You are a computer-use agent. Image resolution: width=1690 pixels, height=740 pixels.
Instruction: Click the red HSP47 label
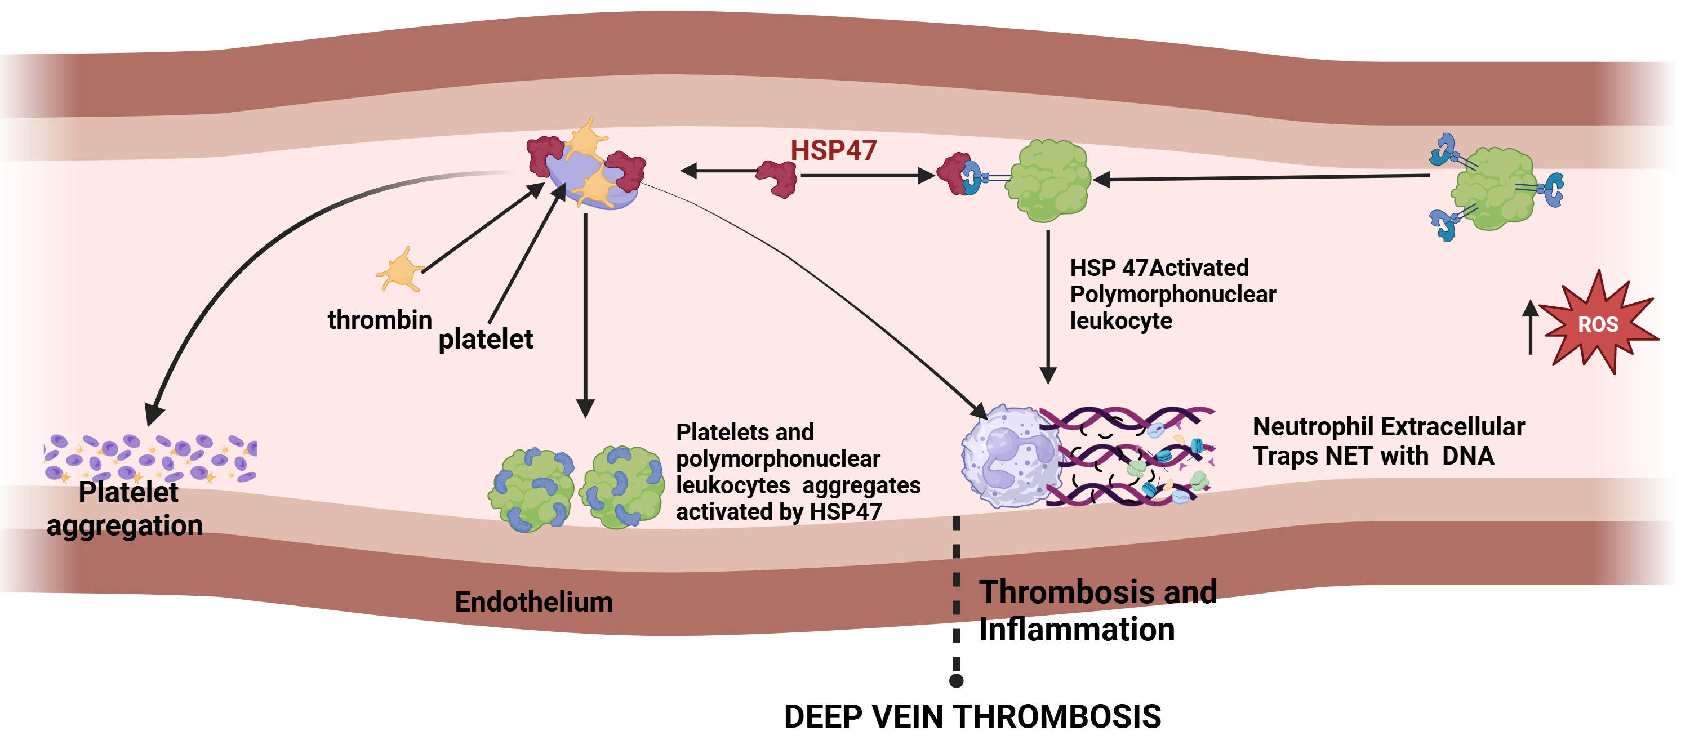(833, 150)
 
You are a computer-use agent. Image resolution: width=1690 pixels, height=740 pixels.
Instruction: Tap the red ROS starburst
(1598, 323)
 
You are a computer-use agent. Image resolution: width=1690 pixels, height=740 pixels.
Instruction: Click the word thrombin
(379, 320)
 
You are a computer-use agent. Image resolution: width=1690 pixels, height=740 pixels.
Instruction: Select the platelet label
(486, 339)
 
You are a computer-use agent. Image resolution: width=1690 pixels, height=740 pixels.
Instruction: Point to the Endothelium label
(533, 601)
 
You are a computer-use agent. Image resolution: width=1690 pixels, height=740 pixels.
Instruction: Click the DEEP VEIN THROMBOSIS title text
(972, 716)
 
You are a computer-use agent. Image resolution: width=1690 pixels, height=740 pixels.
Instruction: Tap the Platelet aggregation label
(125, 509)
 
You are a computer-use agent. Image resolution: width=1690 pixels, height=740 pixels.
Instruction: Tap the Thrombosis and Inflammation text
(1096, 610)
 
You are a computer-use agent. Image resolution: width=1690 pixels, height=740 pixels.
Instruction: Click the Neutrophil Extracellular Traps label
(1387, 441)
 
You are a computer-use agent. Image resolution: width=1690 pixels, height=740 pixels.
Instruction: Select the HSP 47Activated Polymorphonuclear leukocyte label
(1172, 294)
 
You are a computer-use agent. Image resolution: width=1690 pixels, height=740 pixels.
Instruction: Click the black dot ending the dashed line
(957, 681)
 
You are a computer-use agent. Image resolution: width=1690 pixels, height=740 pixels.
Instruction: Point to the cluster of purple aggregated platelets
(150, 457)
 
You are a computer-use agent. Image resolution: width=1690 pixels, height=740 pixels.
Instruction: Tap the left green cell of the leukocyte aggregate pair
(532, 489)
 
